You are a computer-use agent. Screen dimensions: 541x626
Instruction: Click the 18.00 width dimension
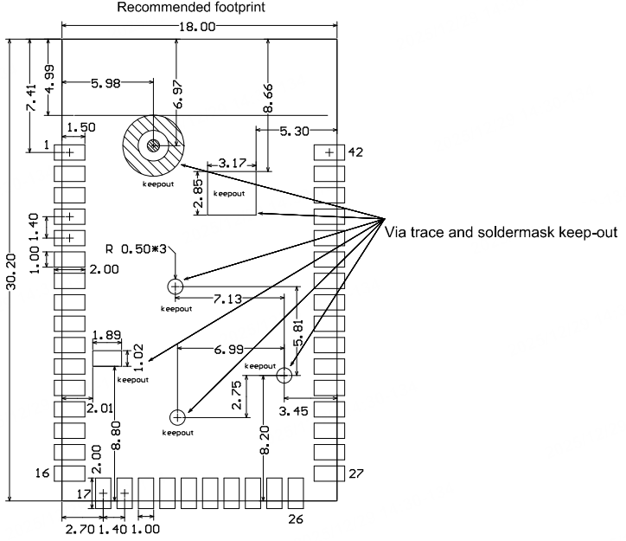click(x=199, y=27)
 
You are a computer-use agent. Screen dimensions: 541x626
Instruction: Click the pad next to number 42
click(x=329, y=151)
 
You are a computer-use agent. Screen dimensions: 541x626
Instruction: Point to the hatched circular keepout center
click(x=153, y=145)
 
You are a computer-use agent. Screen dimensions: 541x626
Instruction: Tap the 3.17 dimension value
click(x=233, y=163)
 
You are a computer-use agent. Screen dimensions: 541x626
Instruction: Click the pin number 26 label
click(x=297, y=519)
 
